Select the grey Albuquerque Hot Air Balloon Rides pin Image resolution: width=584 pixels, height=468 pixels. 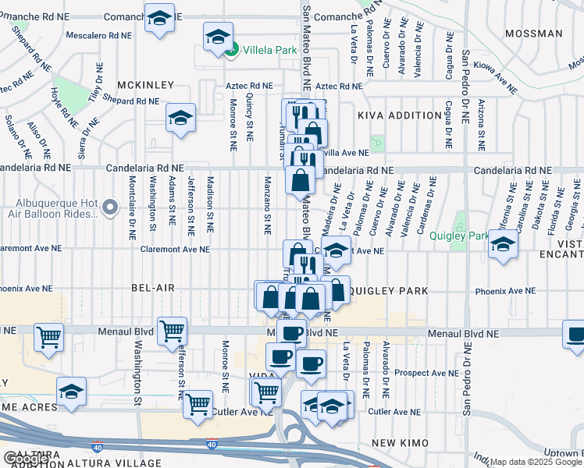click(x=110, y=207)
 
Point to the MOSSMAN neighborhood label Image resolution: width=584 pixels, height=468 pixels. click(x=533, y=34)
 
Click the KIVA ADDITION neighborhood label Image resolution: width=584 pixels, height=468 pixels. click(x=400, y=115)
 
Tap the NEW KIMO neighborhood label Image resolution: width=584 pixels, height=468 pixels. click(x=400, y=443)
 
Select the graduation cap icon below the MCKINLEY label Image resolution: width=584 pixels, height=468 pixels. click(x=180, y=118)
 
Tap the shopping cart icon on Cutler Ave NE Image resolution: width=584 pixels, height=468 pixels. click(x=198, y=404)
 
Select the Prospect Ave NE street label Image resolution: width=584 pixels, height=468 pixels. click(x=397, y=373)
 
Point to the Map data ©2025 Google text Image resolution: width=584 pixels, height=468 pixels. click(x=536, y=462)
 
